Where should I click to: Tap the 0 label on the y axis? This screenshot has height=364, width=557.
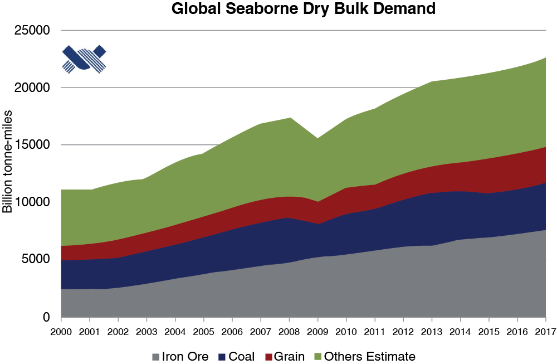click(x=46, y=317)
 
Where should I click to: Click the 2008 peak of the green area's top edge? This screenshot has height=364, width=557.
click(x=289, y=118)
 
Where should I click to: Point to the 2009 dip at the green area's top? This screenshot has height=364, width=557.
click(x=317, y=138)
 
